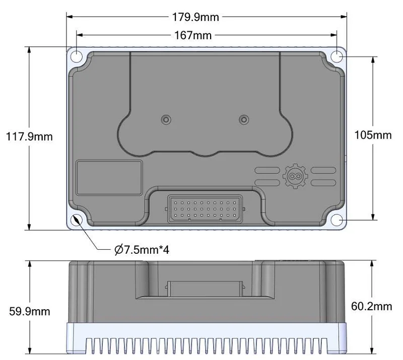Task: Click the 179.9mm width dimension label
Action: (x=195, y=17)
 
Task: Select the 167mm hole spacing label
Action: (x=193, y=35)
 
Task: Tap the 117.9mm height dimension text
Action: (x=29, y=136)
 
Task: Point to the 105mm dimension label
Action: (x=373, y=135)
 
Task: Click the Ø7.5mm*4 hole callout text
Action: (x=142, y=250)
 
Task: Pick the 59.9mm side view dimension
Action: (x=30, y=312)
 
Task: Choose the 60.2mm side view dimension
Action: (x=371, y=306)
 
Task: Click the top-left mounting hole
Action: (x=77, y=56)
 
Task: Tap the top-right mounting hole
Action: (x=337, y=56)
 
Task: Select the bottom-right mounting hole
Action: (x=337, y=220)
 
